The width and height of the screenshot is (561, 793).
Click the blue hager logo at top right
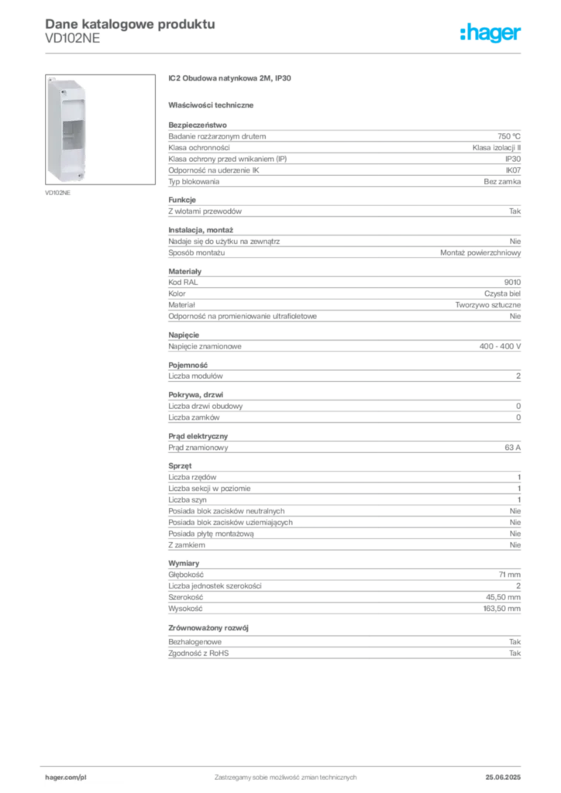(x=492, y=34)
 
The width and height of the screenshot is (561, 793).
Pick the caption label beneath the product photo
(x=59, y=194)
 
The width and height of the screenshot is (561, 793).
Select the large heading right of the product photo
(x=232, y=77)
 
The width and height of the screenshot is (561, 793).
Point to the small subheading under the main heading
(x=214, y=105)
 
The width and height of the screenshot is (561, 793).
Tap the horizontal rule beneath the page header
(x=284, y=53)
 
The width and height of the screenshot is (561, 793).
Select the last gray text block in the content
(x=343, y=651)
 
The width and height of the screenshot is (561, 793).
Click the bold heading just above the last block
(x=209, y=627)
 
